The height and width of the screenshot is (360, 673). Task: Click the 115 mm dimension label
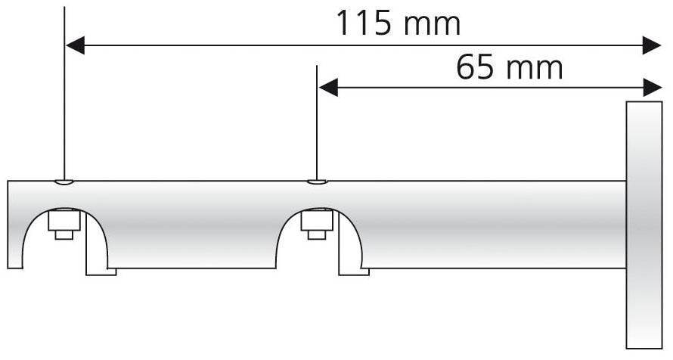[x=398, y=23]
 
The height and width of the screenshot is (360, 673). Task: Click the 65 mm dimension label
[x=509, y=68]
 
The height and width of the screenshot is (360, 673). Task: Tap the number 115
[x=364, y=23]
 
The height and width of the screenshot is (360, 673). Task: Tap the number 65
[x=474, y=68]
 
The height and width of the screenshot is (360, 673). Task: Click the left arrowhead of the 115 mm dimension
[x=74, y=46]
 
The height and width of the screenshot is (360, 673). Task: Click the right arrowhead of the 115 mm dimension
[x=653, y=46]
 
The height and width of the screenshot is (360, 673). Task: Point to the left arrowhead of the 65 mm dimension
[x=327, y=88]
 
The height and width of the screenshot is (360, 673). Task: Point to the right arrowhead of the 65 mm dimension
[x=653, y=88]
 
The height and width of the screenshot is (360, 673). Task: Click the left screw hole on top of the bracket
[x=64, y=182]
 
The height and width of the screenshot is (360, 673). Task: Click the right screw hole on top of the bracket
[x=317, y=182]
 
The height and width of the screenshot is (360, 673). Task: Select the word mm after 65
[x=535, y=68]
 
